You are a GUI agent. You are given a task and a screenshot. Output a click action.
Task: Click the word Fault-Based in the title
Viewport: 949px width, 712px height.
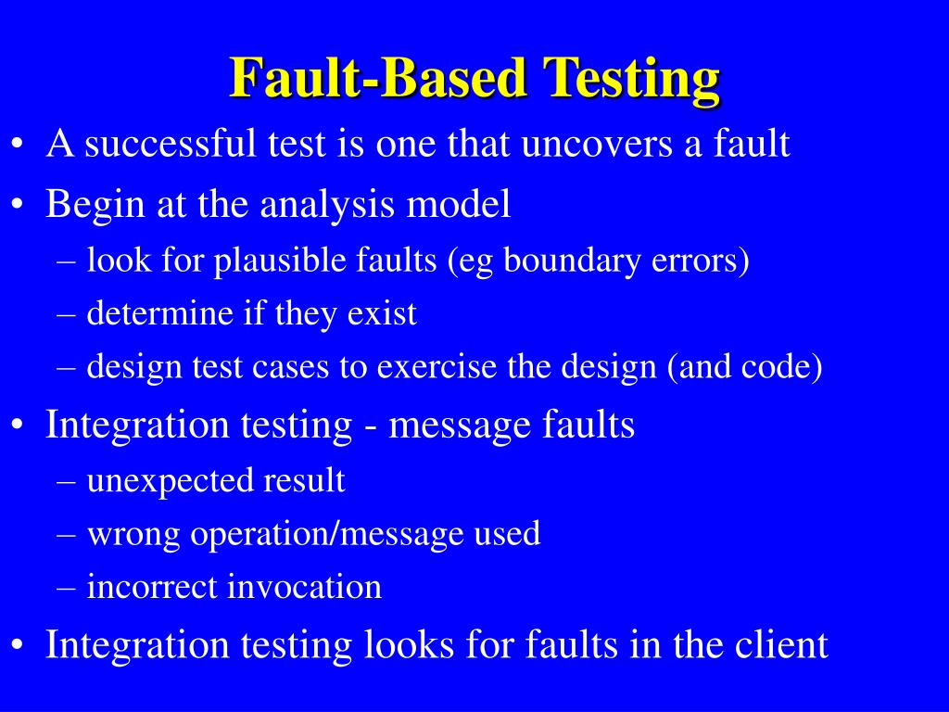[378, 78]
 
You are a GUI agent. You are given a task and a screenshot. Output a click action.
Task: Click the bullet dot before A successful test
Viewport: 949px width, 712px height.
[19, 146]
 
